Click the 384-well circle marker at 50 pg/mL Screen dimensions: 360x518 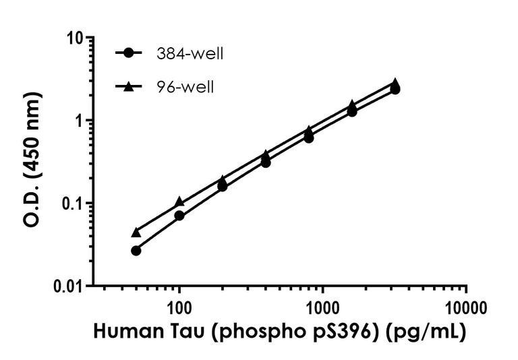pyautogui.click(x=136, y=250)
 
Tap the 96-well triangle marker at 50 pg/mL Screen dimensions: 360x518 pyautogui.click(x=136, y=233)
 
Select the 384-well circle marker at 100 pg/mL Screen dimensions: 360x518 pyautogui.click(x=179, y=215)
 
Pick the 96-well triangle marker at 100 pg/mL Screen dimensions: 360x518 pyautogui.click(x=179, y=202)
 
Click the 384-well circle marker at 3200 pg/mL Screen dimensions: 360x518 pyautogui.click(x=395, y=89)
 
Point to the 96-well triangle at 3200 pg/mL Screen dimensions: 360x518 pyautogui.click(x=395, y=82)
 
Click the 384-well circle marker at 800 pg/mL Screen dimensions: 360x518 pyautogui.click(x=309, y=138)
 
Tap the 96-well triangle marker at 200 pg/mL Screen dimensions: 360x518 pyautogui.click(x=223, y=181)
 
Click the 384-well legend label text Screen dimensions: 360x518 pyautogui.click(x=190, y=54)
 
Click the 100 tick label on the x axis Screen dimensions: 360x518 pyautogui.click(x=179, y=309)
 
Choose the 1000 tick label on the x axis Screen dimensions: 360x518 pyautogui.click(x=323, y=309)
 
